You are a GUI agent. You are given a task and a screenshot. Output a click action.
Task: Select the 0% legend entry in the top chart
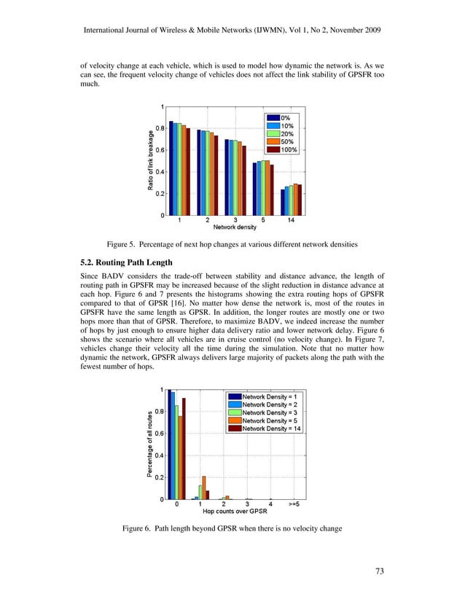pyautogui.click(x=286, y=117)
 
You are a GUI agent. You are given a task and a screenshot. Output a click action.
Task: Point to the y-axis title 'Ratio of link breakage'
pyautogui.click(x=151, y=161)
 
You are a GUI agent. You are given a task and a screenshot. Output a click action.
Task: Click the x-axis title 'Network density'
pyautogui.click(x=233, y=227)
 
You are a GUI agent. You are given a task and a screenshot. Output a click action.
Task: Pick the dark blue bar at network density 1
pyautogui.click(x=171, y=168)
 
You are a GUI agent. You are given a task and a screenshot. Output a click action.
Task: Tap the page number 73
pyautogui.click(x=379, y=571)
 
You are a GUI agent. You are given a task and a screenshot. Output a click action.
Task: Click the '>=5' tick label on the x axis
pyautogui.click(x=292, y=504)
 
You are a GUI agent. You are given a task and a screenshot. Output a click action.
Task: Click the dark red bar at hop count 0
pyautogui.click(x=184, y=449)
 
